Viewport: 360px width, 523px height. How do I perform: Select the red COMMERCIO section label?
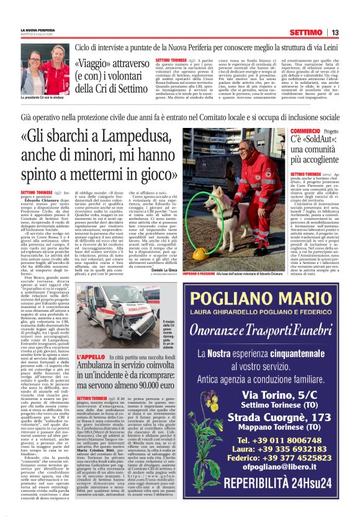tap(305, 131)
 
